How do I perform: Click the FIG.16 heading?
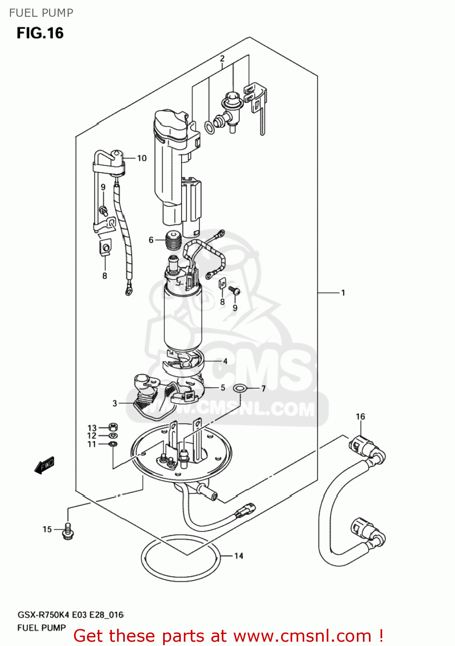coord(40,33)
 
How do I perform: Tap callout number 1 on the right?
coord(343,293)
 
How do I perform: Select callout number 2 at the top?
coord(222,59)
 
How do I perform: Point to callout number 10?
coord(142,158)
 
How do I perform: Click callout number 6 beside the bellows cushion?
coord(151,240)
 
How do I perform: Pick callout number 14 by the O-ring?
coord(238,556)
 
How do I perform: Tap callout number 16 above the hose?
coord(360,416)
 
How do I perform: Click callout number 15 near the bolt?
coord(47,529)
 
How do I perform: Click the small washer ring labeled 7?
coord(240,389)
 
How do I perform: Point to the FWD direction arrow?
coord(44,465)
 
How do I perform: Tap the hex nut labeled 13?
coord(114,428)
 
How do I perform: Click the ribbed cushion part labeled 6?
coord(173,241)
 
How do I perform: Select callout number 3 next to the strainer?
coord(115,403)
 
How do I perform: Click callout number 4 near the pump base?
coord(225,361)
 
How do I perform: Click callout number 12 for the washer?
coord(92,436)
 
